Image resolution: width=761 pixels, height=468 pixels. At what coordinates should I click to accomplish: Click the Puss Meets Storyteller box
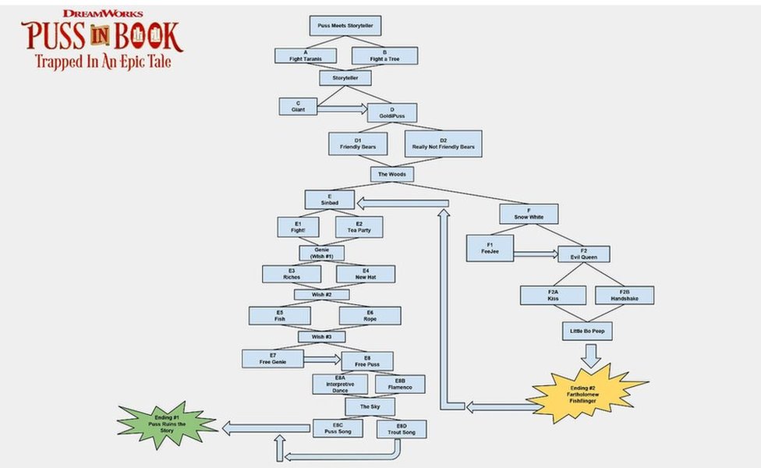[345, 26]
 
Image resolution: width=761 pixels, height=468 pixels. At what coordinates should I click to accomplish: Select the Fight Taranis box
[306, 55]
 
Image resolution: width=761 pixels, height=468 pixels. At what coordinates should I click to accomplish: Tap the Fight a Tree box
[384, 55]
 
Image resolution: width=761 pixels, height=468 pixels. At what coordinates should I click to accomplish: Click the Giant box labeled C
[298, 106]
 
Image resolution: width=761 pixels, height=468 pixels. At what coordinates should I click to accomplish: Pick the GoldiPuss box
[392, 112]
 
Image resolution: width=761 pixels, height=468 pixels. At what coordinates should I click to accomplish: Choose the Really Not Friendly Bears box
[443, 144]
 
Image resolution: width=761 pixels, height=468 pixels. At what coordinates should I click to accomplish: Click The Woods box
[391, 174]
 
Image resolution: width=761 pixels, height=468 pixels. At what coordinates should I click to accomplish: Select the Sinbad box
[329, 199]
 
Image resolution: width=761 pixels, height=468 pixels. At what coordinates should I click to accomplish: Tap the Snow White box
[528, 214]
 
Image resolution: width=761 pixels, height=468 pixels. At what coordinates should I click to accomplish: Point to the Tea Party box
[359, 227]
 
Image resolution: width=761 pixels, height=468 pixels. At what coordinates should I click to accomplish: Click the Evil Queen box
[583, 254]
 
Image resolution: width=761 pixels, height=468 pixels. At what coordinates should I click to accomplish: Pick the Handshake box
[624, 295]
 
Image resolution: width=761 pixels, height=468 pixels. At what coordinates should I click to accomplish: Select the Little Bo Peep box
[587, 331]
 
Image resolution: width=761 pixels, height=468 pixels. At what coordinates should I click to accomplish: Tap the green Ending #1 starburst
[167, 424]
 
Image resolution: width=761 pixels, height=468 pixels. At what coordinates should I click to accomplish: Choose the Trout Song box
[401, 429]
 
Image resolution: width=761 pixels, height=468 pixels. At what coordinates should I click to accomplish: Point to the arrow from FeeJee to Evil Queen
[536, 253]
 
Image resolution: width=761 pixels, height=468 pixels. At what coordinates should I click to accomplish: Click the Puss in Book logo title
[101, 39]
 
